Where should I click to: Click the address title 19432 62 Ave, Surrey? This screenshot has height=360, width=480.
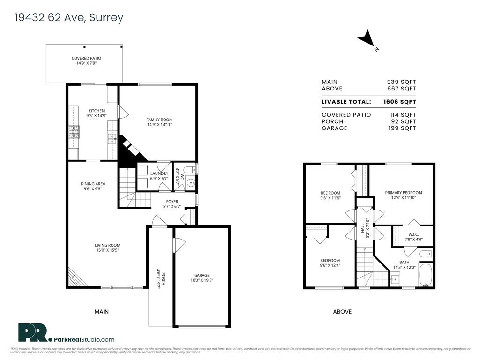69,18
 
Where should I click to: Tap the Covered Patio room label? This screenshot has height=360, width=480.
86,58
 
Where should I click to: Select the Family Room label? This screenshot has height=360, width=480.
159,120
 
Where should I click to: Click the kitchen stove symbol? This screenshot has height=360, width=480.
74,132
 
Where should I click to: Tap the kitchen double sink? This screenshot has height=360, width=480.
112,138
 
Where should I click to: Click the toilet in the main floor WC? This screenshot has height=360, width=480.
190,169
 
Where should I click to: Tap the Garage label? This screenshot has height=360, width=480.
202,275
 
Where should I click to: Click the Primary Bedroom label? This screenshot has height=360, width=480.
403,193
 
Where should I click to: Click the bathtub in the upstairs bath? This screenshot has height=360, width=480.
425,275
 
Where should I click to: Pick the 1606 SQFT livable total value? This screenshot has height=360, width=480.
400,102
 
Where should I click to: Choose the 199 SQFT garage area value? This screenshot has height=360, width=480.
403,128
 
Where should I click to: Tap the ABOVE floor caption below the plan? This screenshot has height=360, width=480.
342,312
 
